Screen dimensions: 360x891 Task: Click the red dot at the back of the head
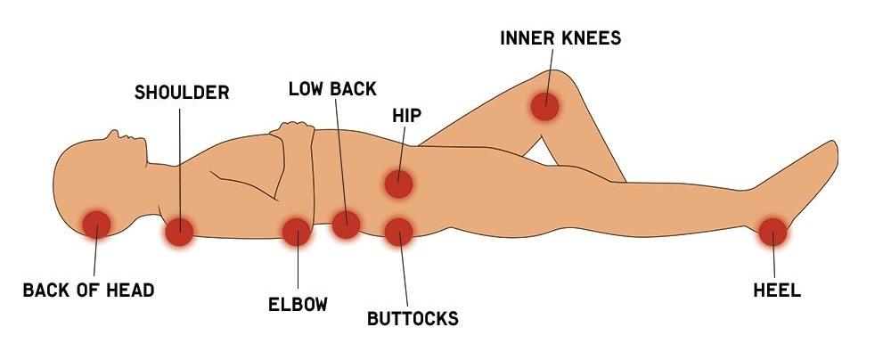click(x=95, y=224)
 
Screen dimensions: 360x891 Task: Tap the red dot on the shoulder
click(x=179, y=232)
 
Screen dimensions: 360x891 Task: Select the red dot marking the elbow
click(x=296, y=232)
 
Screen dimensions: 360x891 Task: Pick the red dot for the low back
click(x=346, y=225)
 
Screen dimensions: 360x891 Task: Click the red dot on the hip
click(x=398, y=184)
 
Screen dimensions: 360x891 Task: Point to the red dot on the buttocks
click(x=398, y=232)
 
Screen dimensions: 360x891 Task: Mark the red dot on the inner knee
click(x=544, y=106)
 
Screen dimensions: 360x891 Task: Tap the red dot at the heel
click(x=772, y=232)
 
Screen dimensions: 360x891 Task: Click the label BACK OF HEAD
click(x=88, y=290)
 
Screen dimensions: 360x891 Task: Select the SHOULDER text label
click(x=182, y=92)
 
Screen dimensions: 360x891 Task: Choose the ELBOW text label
click(x=298, y=305)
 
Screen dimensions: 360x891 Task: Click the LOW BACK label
click(x=332, y=89)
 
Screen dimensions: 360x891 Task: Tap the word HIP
click(x=406, y=116)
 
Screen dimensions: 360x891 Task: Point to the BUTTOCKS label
click(x=413, y=318)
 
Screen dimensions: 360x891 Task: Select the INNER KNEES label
click(x=560, y=38)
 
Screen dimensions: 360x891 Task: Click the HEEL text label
click(x=777, y=290)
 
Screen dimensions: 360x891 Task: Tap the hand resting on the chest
click(x=294, y=134)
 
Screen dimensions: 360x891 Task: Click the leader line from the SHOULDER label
click(x=180, y=160)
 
